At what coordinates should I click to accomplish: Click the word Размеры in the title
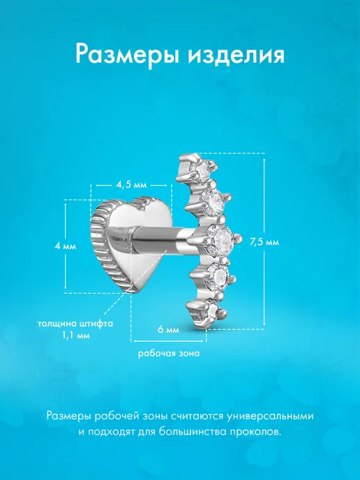point(128,55)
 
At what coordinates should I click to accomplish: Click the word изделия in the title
point(237,54)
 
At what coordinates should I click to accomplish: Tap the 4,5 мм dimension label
point(131,185)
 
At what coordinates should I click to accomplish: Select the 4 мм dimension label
point(65,246)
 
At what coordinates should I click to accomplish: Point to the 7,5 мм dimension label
point(264,242)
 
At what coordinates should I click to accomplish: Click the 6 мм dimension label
point(168,330)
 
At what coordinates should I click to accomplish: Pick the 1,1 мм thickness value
point(76,335)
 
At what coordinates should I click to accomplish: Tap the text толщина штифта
point(75,324)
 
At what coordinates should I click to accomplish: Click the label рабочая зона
point(169,354)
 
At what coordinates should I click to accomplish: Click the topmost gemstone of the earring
point(202,168)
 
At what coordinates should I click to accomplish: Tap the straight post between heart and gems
point(158,239)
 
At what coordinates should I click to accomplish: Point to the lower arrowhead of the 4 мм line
point(66,287)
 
